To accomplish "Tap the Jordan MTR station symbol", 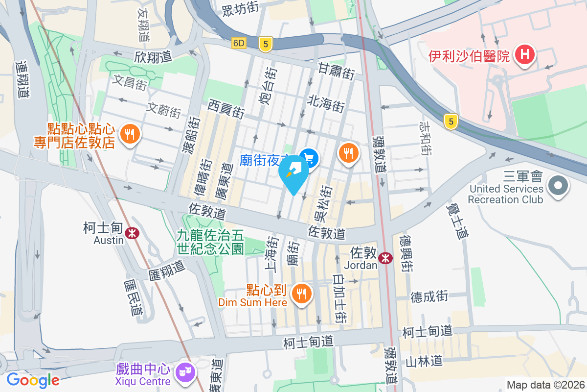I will point(385,258).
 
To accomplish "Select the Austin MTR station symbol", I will point(131,233).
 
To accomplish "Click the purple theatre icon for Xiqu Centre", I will point(186,371).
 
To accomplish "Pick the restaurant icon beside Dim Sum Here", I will point(300,293).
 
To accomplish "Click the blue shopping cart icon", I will point(309,157).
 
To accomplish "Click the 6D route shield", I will point(239,43).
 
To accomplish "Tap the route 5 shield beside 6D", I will point(266,44).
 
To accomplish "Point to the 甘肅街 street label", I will point(337,71).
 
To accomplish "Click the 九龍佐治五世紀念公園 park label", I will point(210,242).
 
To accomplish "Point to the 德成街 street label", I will point(429,296).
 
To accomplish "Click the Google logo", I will point(33,380).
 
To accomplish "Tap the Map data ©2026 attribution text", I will point(545,385).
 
